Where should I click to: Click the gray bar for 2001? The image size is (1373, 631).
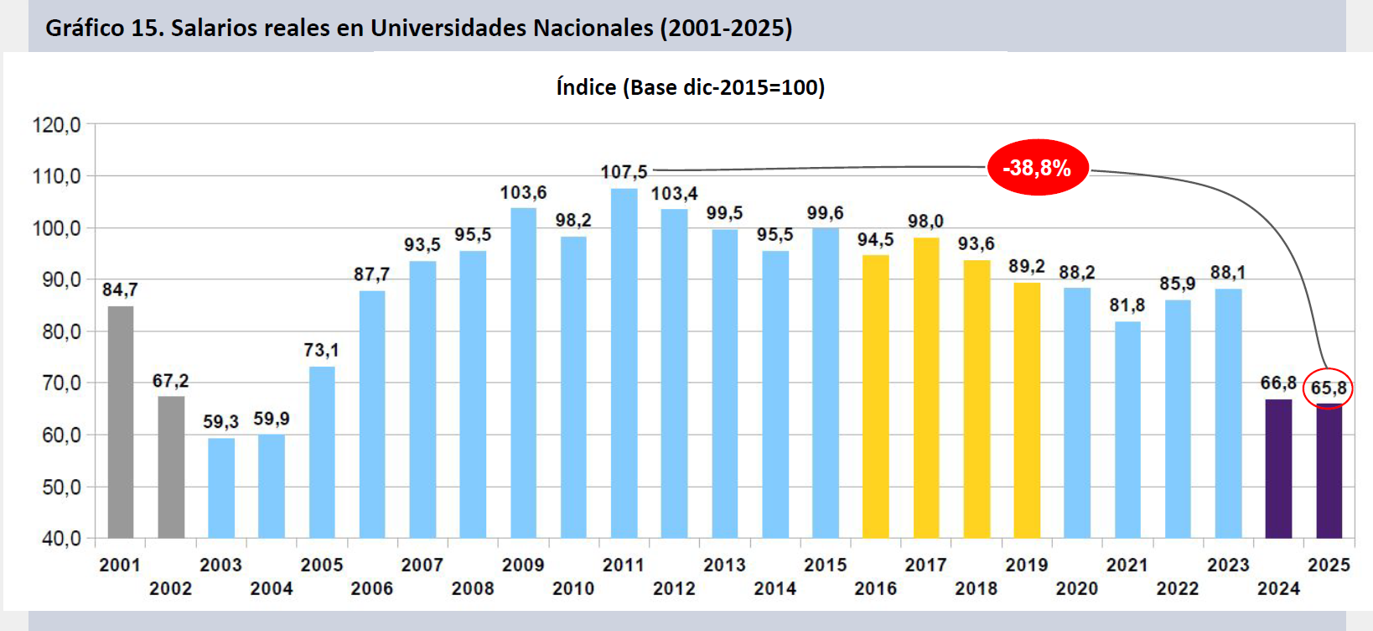[x=121, y=421]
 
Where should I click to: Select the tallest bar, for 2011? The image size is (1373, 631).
[x=624, y=362]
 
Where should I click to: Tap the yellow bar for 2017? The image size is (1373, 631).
[x=925, y=388]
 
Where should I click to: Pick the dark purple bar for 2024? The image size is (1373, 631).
[x=1278, y=468]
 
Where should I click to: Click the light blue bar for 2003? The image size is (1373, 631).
[x=221, y=488]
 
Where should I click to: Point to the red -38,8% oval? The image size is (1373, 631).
[x=1037, y=168]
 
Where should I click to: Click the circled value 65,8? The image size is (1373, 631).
[x=1329, y=388]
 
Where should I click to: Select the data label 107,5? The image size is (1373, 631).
[x=624, y=172]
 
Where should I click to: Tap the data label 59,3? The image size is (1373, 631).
[x=220, y=421]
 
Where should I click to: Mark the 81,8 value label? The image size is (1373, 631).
[x=1127, y=305]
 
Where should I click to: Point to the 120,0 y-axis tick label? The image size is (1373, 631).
[x=56, y=125]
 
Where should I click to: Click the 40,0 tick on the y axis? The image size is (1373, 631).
[x=60, y=538]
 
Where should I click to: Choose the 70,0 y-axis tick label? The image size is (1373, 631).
[x=60, y=383]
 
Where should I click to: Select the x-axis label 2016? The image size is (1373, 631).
[x=875, y=588]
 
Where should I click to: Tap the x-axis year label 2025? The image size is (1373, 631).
[x=1329, y=565]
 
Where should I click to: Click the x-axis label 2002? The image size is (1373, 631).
[x=171, y=588]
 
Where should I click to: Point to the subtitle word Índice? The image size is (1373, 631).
[x=586, y=87]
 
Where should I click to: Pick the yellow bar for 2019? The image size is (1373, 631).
[x=1027, y=409]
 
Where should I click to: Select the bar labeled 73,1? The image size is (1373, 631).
[x=322, y=451]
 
